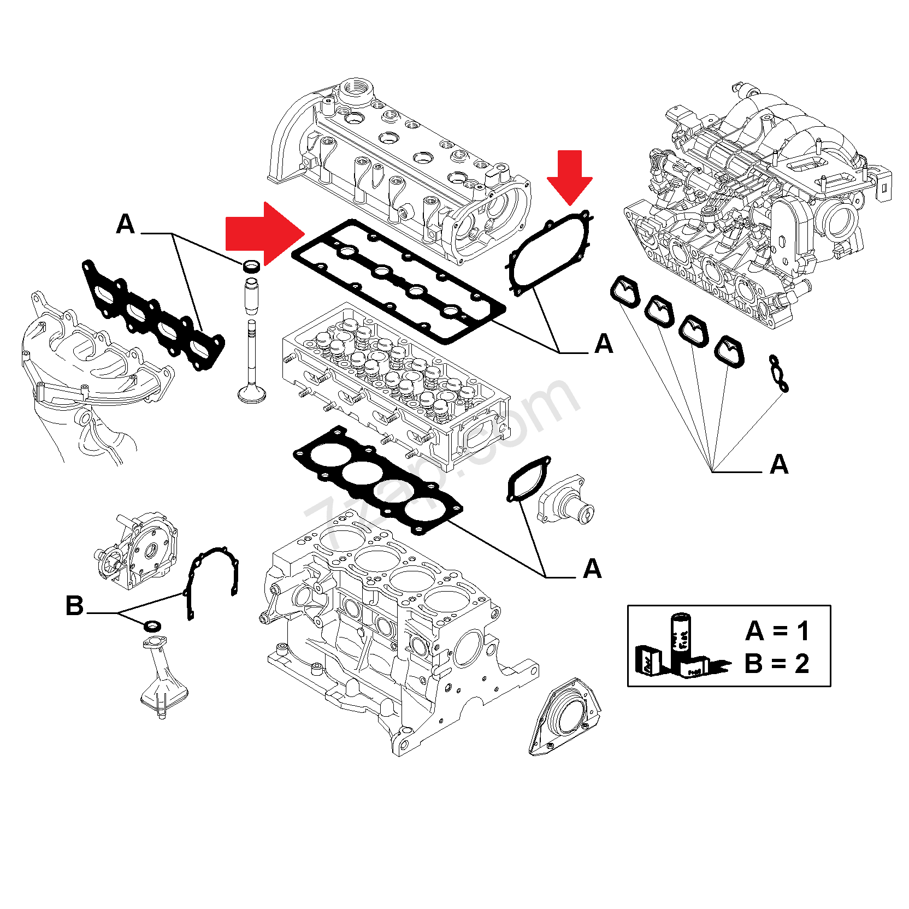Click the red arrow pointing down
click(x=570, y=176)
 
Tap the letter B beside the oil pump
click(x=74, y=606)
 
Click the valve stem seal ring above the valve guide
click(x=252, y=266)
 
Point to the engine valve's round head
click(x=252, y=394)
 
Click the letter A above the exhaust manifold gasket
click(x=126, y=224)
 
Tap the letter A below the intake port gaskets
click(x=779, y=464)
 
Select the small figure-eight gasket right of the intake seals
click(x=778, y=373)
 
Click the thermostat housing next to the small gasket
click(x=565, y=500)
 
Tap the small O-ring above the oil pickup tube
click(x=152, y=625)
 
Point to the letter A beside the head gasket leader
click(x=592, y=569)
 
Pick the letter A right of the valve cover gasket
click(x=604, y=344)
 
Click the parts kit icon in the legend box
click(x=680, y=647)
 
